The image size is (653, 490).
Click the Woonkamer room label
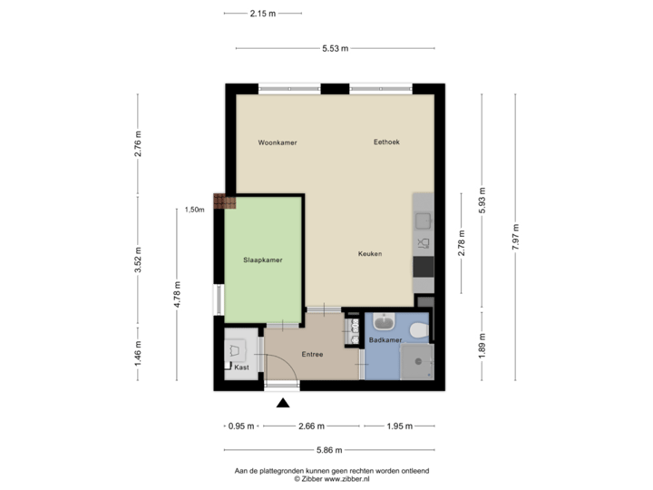click(278, 143)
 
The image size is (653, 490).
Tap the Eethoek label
click(386, 143)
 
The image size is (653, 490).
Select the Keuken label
click(369, 254)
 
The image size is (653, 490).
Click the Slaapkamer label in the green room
click(263, 260)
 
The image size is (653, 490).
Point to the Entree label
click(312, 354)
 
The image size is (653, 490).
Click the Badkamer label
click(385, 339)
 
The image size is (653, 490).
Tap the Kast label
click(241, 367)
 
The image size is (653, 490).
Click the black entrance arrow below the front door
click(283, 403)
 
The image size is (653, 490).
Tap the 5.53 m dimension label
click(335, 48)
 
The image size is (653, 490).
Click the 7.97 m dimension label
click(515, 239)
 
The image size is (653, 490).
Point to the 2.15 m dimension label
click(263, 14)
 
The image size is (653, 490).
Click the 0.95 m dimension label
click(241, 426)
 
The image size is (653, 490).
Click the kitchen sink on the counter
click(423, 220)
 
